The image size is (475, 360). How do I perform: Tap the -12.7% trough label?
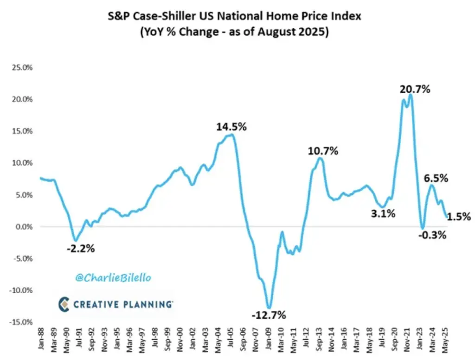coord(269,315)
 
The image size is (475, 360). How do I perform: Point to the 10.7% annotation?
coord(323,151)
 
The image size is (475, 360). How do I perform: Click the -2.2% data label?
coord(80,249)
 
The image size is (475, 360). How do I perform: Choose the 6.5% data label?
coord(436,178)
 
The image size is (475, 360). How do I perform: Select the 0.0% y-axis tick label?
coord(25,227)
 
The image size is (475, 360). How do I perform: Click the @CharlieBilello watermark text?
coord(113,278)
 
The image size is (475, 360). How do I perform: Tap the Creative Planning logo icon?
coord(64,304)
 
